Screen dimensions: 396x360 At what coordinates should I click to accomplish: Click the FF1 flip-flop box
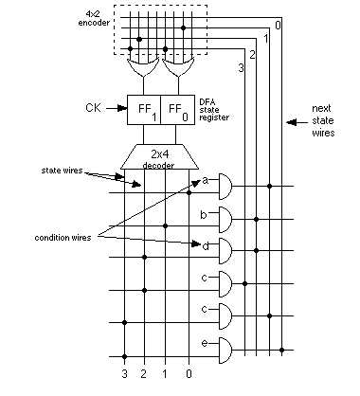[145, 113]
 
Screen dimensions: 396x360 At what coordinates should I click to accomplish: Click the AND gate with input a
[226, 184]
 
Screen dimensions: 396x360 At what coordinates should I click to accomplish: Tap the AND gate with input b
[226, 217]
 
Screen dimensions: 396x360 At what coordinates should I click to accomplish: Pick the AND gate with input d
[226, 249]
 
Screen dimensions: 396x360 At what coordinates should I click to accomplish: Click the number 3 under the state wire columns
[125, 375]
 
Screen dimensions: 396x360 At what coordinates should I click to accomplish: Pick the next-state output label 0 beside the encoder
[278, 25]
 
